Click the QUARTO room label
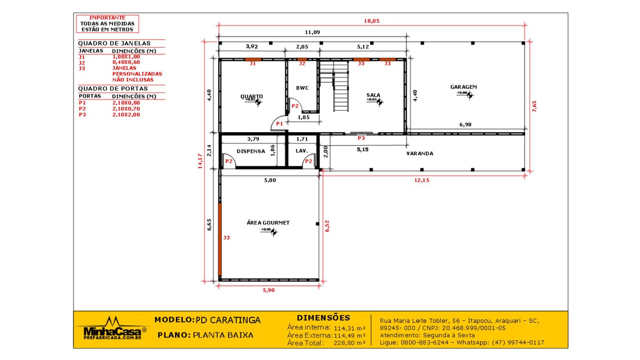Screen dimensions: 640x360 pyautogui.click(x=252, y=96)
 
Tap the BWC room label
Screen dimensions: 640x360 pyautogui.click(x=302, y=88)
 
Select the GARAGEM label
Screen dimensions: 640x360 pyautogui.click(x=464, y=87)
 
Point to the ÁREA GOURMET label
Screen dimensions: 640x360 pyautogui.click(x=268, y=222)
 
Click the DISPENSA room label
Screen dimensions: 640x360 pyautogui.click(x=251, y=151)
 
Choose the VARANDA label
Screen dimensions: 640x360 pyautogui.click(x=420, y=154)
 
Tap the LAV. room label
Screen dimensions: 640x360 pyautogui.click(x=302, y=150)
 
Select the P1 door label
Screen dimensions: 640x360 pyautogui.click(x=280, y=124)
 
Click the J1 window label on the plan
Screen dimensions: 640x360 pyautogui.click(x=252, y=64)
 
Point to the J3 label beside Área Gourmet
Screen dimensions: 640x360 pyautogui.click(x=226, y=238)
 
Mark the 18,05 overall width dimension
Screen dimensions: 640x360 pyautogui.click(x=372, y=21)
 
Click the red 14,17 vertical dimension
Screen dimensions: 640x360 pyautogui.click(x=200, y=161)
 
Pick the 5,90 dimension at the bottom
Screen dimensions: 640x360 pyautogui.click(x=268, y=290)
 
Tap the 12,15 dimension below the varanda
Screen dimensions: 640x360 pyautogui.click(x=422, y=180)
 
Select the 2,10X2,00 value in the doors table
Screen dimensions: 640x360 pyautogui.click(x=126, y=114)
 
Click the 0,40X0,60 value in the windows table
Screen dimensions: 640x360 pyautogui.click(x=126, y=62)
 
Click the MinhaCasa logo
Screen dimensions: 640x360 pyautogui.click(x=112, y=328)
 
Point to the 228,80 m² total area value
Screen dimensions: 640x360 pyautogui.click(x=350, y=343)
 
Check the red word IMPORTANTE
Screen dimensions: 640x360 pyautogui.click(x=107, y=18)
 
